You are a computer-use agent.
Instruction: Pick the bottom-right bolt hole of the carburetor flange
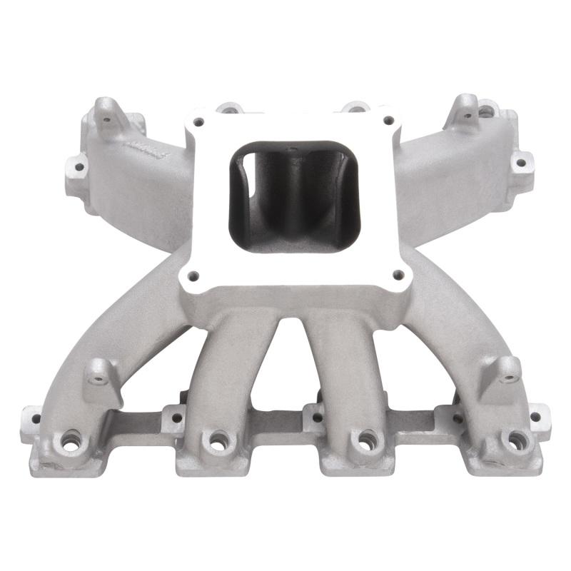tap(398, 273)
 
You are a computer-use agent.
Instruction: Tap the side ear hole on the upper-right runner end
tap(521, 163)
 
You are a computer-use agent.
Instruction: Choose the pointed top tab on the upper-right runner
tap(465, 107)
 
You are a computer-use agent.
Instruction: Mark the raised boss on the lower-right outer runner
tap(507, 370)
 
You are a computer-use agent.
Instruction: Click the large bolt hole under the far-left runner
tap(71, 442)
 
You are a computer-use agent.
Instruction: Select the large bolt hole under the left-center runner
tap(216, 440)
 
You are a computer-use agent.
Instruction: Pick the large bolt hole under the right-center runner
tap(366, 441)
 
